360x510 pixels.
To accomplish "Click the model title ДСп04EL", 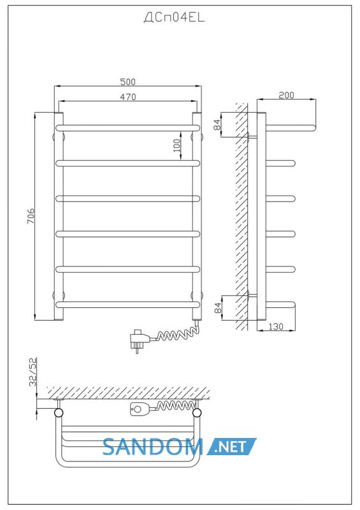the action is click(x=174, y=18).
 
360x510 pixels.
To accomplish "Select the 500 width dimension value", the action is click(x=128, y=82).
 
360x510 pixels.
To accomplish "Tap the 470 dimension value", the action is click(x=128, y=97).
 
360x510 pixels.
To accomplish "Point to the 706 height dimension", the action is click(x=30, y=216).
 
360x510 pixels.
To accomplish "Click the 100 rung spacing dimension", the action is click(x=176, y=145).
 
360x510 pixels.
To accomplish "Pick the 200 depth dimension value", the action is click(x=286, y=95).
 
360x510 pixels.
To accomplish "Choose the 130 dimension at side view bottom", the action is click(x=276, y=326).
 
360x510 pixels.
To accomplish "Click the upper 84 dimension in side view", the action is click(x=217, y=124).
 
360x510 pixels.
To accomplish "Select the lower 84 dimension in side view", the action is click(x=218, y=307).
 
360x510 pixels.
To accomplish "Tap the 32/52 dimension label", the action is click(x=33, y=372).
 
